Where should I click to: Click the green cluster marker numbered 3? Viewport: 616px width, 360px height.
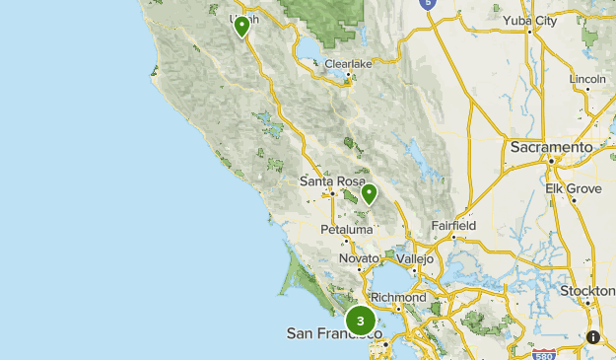pos(361,321)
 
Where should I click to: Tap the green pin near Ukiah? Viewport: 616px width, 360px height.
pos(241,27)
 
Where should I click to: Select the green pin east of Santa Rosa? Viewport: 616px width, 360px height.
pos(369,193)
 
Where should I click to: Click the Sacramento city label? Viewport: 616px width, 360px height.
pos(551,147)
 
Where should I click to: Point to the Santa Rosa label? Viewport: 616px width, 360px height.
pos(332,181)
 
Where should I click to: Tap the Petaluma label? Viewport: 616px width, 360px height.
pos(347,229)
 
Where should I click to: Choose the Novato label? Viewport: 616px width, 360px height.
pos(359,257)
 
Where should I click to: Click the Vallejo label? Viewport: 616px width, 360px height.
pos(415,257)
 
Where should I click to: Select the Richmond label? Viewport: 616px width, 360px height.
pos(398,297)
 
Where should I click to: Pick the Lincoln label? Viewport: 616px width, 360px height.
pos(586,78)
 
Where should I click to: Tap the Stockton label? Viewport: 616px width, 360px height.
pos(588,291)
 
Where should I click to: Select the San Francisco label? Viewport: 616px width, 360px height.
pos(333,334)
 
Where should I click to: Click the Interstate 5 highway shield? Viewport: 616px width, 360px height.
pos(427,4)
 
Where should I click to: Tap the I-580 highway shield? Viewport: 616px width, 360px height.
pos(543,353)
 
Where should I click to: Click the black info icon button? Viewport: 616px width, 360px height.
pos(593,337)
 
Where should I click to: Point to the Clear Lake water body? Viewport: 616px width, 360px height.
pos(313,47)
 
